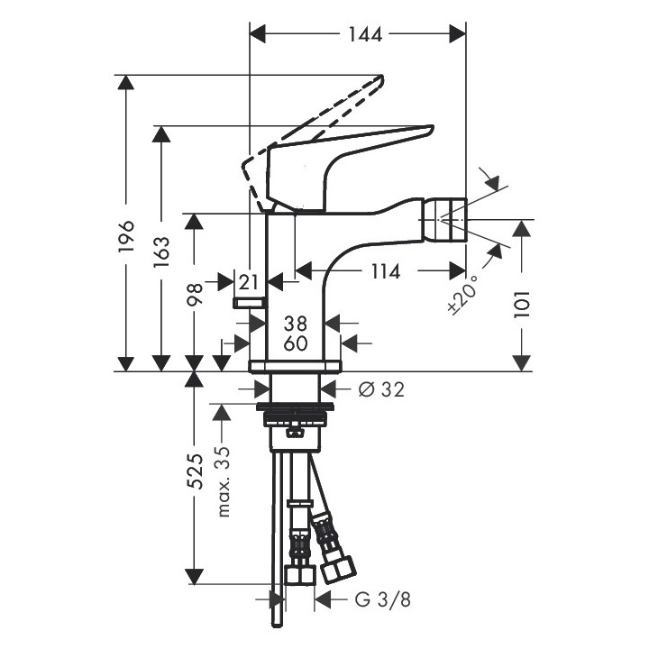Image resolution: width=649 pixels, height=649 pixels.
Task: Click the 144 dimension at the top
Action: (365, 35)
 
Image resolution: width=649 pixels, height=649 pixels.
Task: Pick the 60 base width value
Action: (295, 343)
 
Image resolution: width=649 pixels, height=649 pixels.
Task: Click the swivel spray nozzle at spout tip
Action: (450, 215)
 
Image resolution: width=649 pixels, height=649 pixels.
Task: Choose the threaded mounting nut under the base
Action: (295, 417)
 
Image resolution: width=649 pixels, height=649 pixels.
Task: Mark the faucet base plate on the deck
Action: (295, 365)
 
